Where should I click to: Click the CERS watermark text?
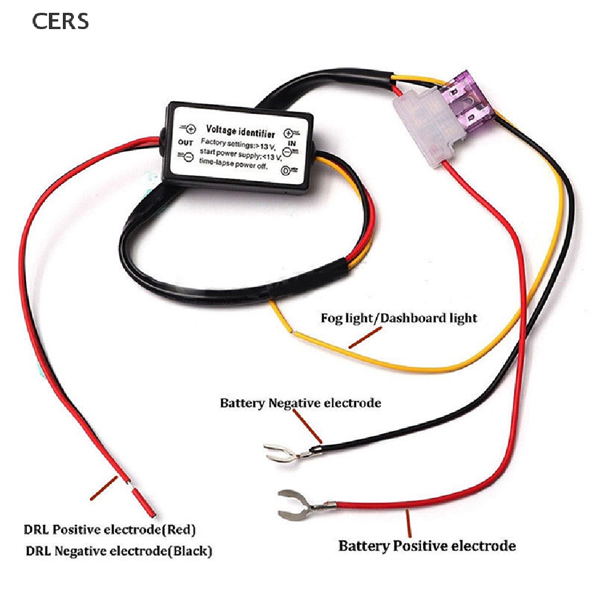click(60, 21)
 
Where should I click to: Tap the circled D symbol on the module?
click(286, 170)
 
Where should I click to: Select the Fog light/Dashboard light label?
click(399, 318)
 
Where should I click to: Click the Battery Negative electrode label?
click(300, 403)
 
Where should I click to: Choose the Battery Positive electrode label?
click(427, 546)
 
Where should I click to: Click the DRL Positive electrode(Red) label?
click(110, 530)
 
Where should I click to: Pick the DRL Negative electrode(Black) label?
click(119, 550)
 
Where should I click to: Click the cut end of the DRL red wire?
click(146, 503)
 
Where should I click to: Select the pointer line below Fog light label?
click(365, 337)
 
